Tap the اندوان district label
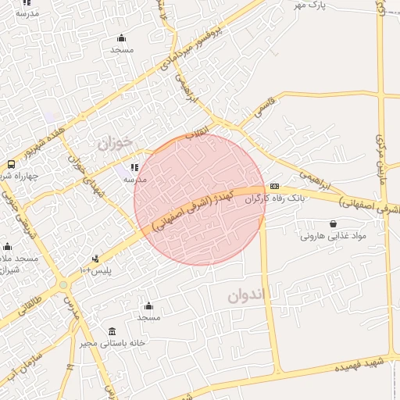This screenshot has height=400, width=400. (248, 295)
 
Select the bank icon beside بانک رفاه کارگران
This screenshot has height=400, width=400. (274, 187)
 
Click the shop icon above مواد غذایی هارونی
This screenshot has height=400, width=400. (333, 223)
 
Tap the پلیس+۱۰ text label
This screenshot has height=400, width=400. (96, 270)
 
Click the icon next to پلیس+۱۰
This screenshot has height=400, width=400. (96, 259)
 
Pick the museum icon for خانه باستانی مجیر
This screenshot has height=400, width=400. (112, 331)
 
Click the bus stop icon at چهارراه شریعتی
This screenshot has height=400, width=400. (11, 164)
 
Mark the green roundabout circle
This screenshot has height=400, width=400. (63, 285)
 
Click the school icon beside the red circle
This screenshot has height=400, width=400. (134, 167)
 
